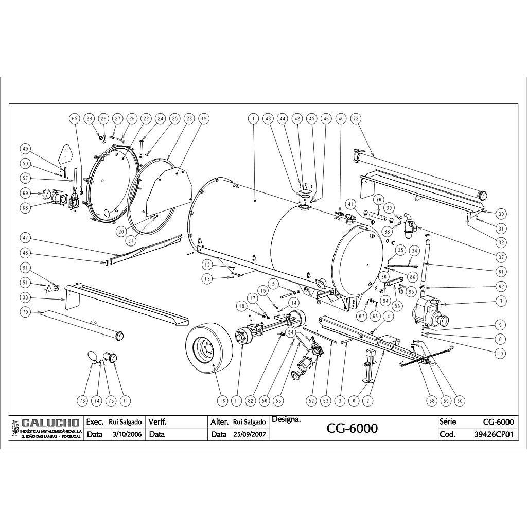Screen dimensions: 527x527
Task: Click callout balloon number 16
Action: (x=222, y=400)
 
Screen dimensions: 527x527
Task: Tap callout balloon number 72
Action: (x=355, y=118)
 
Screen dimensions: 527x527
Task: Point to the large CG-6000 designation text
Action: (x=353, y=429)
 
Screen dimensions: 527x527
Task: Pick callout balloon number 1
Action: (x=253, y=118)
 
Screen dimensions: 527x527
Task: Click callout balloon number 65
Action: (x=74, y=118)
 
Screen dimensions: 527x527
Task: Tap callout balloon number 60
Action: (x=460, y=400)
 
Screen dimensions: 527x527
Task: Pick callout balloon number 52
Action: (x=311, y=400)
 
